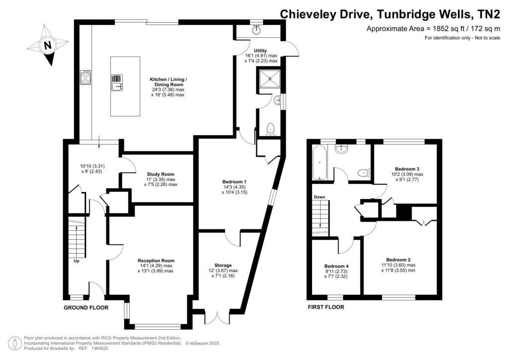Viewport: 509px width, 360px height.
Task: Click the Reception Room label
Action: [156, 261]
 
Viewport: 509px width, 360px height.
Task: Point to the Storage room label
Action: [224, 266]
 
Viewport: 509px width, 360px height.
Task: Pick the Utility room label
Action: [260, 51]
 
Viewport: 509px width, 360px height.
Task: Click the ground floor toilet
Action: [270, 129]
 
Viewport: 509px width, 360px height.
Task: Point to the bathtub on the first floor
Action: [318, 164]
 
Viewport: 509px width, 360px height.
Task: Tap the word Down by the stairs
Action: [319, 197]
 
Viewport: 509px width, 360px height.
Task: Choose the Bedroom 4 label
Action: [337, 266]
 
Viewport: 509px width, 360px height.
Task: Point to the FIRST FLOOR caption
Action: [326, 307]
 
